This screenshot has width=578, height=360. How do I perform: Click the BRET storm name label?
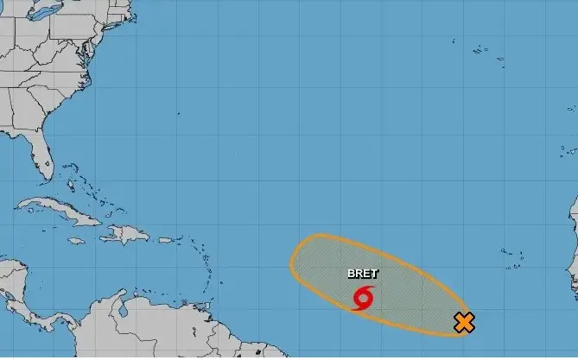(x=362, y=274)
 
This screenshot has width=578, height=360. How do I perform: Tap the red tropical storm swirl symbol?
(x=364, y=298)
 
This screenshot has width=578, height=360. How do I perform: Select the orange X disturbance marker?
(x=464, y=323)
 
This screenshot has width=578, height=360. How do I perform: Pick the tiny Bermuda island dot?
(x=177, y=113)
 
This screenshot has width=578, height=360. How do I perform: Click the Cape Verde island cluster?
(x=513, y=256)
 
